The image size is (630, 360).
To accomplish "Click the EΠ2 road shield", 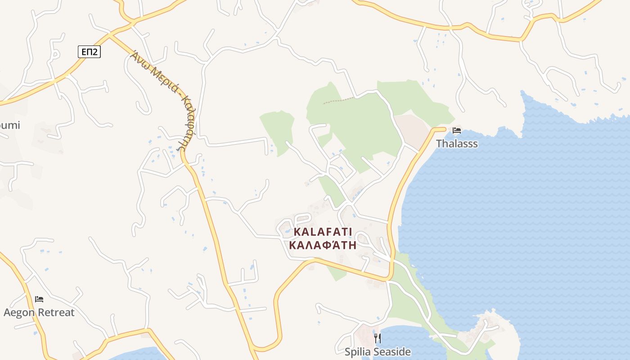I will [x=89, y=52].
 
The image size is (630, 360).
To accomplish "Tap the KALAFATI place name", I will [x=323, y=232].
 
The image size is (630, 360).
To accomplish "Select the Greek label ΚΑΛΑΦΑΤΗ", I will [x=323, y=245].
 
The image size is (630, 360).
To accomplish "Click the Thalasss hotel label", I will [x=457, y=144].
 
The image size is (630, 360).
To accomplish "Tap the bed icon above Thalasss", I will [x=457, y=131].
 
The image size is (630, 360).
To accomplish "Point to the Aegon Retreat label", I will [x=39, y=312].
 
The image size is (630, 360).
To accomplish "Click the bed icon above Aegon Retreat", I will [x=39, y=299].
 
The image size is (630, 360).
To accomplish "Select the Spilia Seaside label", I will [x=378, y=351].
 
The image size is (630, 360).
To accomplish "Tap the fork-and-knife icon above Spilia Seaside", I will [x=378, y=338].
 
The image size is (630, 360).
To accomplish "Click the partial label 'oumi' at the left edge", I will [x=10, y=125].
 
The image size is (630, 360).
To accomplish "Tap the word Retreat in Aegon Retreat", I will [x=56, y=312].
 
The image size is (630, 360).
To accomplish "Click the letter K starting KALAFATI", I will [x=297, y=232].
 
